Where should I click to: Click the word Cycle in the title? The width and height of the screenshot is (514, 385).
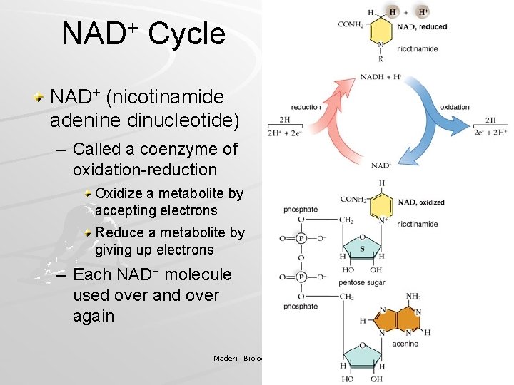(186, 34)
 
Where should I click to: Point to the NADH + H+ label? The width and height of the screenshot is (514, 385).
(381, 76)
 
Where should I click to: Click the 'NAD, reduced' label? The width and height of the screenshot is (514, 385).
(422, 27)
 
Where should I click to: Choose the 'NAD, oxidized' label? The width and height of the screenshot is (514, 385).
(421, 202)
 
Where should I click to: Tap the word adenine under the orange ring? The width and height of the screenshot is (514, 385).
(405, 344)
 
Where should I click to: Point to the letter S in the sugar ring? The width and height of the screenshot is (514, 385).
(362, 249)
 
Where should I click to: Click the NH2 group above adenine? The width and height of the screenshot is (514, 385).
(413, 297)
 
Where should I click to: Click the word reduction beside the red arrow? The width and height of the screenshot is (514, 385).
(306, 107)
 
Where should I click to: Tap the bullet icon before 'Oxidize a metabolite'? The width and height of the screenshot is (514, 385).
(87, 193)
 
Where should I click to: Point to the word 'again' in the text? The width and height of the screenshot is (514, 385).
(94, 316)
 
